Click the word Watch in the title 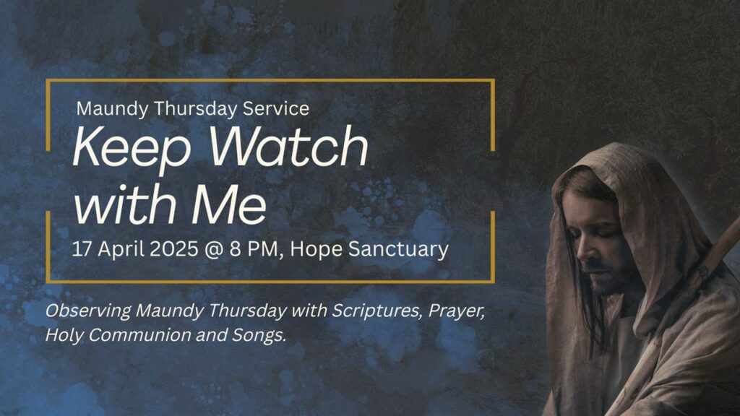(288, 145)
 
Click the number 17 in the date (82, 249)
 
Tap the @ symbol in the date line (215, 250)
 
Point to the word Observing (88, 311)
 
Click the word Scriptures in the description (377, 311)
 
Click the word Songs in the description (259, 335)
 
